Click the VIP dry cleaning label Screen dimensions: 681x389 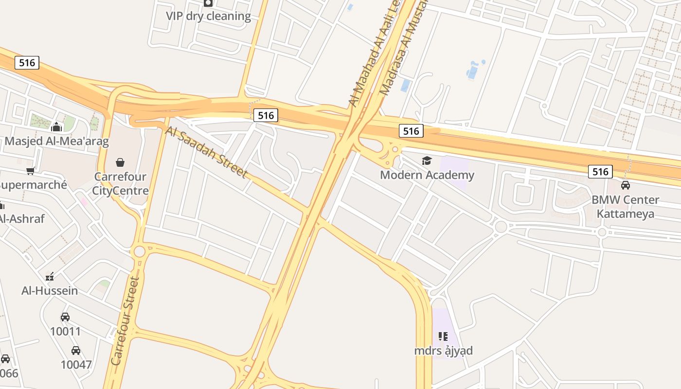pyautogui.click(x=208, y=16)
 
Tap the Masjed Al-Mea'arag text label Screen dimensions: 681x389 pyautogui.click(x=57, y=141)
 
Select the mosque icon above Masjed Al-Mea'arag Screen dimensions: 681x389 pyautogui.click(x=56, y=127)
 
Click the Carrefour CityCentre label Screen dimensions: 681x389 pyautogui.click(x=120, y=183)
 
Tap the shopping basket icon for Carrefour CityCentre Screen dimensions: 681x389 pyautogui.click(x=120, y=162)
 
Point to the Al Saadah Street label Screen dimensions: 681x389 pyautogui.click(x=207, y=152)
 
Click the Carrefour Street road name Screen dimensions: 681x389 pyautogui.click(x=125, y=321)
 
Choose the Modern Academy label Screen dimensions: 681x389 pyautogui.click(x=427, y=175)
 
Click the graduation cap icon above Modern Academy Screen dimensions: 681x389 pyautogui.click(x=427, y=161)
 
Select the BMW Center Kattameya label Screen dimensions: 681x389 pyautogui.click(x=625, y=207)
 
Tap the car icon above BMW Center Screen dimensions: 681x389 pyautogui.click(x=626, y=185)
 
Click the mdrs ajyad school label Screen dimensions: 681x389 pyautogui.click(x=443, y=351)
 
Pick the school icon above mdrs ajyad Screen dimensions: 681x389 pyautogui.click(x=443, y=336)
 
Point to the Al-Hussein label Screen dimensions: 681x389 pyautogui.click(x=50, y=291)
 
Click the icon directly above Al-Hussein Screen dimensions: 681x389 pyautogui.click(x=50, y=277)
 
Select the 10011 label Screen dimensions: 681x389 pyautogui.click(x=65, y=332)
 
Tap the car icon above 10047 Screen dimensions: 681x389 pyautogui.click(x=76, y=351)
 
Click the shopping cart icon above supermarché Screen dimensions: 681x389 pyautogui.click(x=31, y=171)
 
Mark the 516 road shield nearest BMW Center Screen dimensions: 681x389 pyautogui.click(x=600, y=172)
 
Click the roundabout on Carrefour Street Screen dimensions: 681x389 pyautogui.click(x=140, y=251)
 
